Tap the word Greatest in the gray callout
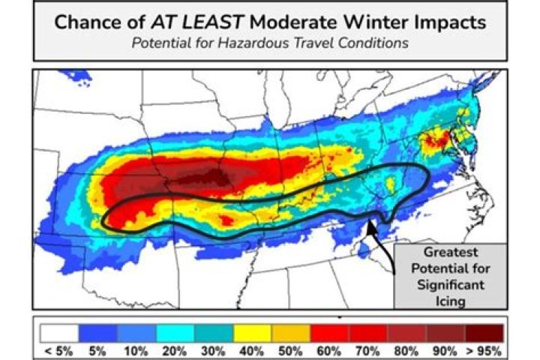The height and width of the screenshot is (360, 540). [450, 253]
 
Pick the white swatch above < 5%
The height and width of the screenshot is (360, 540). [56, 331]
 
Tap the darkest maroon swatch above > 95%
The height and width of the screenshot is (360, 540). [484, 331]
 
